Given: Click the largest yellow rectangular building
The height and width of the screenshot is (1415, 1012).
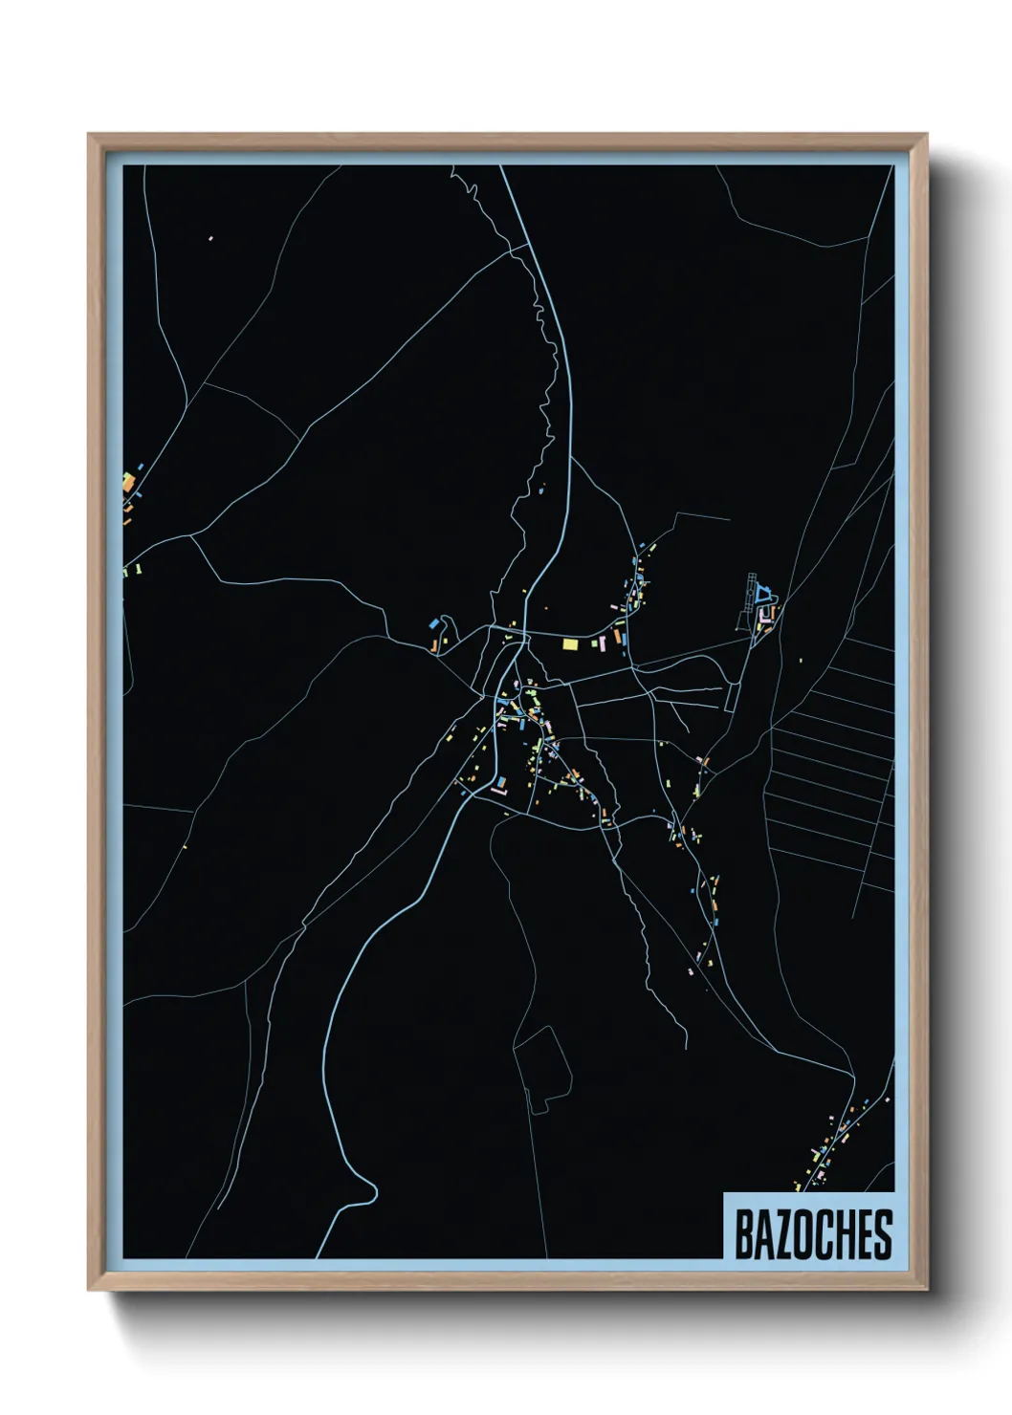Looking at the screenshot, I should click(x=570, y=644).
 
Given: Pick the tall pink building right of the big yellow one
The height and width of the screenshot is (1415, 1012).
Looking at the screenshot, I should click(x=618, y=634).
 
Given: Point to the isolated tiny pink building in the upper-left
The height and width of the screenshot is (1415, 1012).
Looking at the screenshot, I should click(x=210, y=238).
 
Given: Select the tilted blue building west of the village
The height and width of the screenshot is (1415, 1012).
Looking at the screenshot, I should click(x=436, y=623).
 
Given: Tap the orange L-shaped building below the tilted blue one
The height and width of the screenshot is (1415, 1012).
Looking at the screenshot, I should click(x=436, y=647).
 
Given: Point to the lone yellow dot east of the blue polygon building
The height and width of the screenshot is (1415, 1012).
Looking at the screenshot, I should click(x=800, y=660).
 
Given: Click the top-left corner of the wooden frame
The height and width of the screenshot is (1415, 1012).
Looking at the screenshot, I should click(x=89, y=135).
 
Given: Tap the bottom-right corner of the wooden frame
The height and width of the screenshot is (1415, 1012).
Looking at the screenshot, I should click(x=928, y=1291).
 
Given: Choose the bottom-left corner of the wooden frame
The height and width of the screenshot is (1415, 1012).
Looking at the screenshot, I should click(x=89, y=1291).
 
